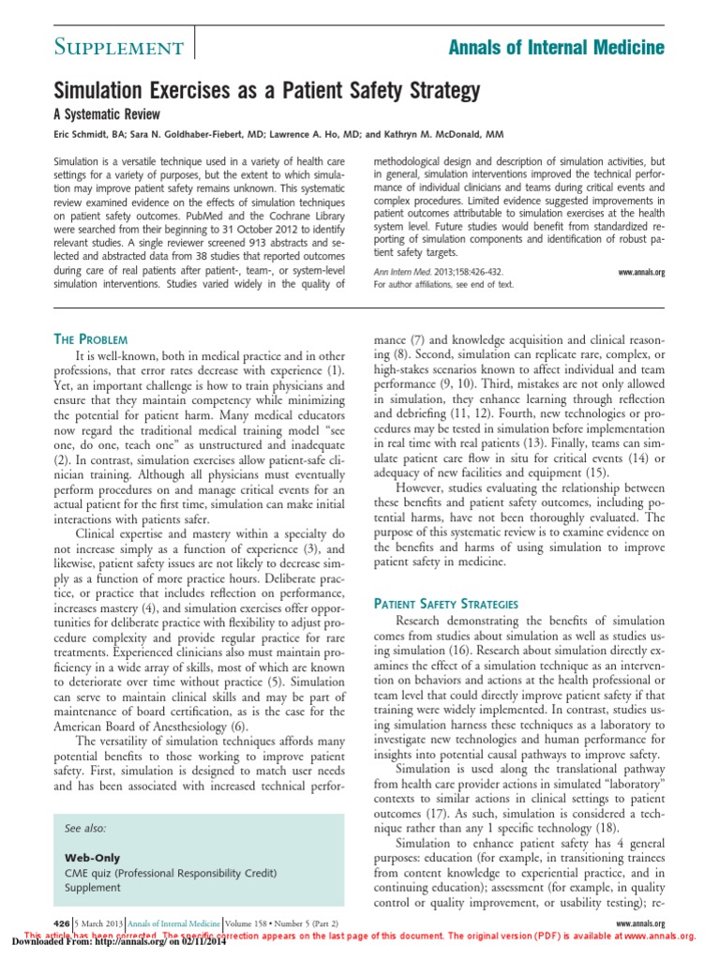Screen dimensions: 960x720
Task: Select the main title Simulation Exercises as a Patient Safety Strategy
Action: (x=263, y=90)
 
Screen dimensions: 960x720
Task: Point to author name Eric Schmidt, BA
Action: (x=92, y=134)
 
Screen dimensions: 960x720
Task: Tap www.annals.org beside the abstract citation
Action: (x=641, y=272)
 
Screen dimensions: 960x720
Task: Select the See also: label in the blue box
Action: (x=85, y=829)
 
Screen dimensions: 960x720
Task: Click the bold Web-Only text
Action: (x=92, y=858)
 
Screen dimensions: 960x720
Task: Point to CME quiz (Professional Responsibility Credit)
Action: (x=171, y=873)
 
